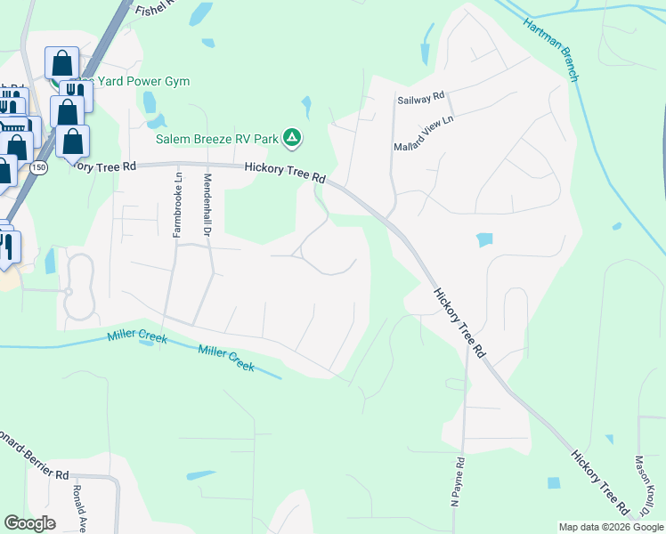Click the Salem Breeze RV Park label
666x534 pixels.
click(x=216, y=138)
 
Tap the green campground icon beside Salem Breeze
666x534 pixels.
click(x=291, y=137)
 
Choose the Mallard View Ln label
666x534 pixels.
click(x=424, y=132)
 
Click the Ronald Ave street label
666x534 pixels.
click(x=79, y=508)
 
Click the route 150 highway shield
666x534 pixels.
click(x=37, y=166)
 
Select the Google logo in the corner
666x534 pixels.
click(x=29, y=522)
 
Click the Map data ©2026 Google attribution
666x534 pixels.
click(x=611, y=527)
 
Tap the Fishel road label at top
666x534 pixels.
click(x=156, y=11)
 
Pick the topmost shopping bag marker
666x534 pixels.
click(x=61, y=62)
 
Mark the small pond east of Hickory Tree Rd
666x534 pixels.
click(x=484, y=239)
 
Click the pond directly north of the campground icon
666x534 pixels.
click(x=305, y=108)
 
